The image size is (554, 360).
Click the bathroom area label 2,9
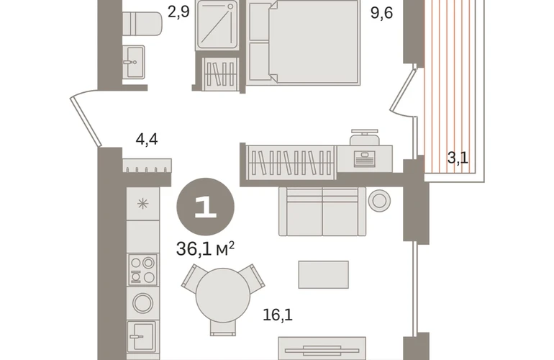coord(178,12)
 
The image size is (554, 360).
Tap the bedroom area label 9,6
coord(381,13)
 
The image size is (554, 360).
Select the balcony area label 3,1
coord(458,158)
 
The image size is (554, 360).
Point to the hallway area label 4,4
coord(147,139)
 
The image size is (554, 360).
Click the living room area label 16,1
coord(278,315)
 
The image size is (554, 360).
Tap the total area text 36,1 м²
coord(205,249)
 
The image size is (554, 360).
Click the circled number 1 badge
coord(205,207)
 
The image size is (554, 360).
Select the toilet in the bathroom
coord(142,23)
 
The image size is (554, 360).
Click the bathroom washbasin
coord(134,62)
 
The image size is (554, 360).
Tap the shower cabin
coord(217,24)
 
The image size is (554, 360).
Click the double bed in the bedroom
coord(303,42)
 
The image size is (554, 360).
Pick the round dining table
coord(223,295)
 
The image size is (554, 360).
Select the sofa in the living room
coord(322,212)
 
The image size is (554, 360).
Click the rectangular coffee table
coord(323,275)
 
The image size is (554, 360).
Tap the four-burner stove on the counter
coord(142,269)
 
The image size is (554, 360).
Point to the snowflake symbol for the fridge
coord(142,204)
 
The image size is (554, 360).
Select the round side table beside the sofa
coord(379,200)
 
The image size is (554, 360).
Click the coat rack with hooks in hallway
coord(147,166)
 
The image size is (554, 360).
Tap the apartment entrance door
coord(86,119)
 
